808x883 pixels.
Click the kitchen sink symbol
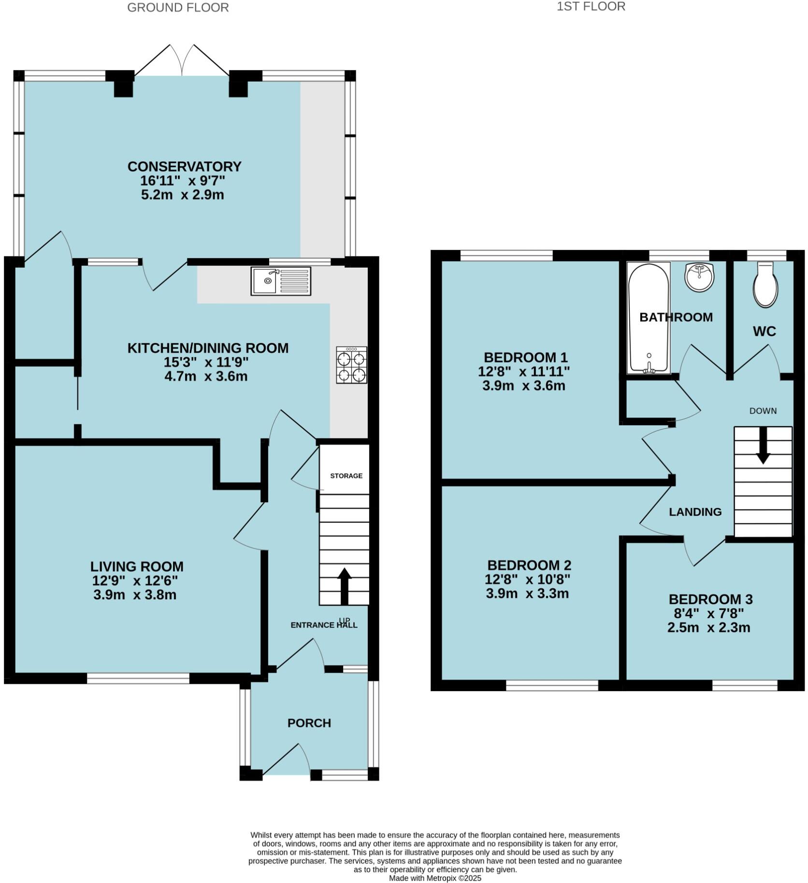pos(280,281)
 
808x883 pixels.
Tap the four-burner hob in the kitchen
pos(351,365)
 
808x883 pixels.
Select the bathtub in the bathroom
pos(648,318)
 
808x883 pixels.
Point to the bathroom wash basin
pos(699,277)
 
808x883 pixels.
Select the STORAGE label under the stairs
pos(346,476)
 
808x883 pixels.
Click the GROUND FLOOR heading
pos(178,8)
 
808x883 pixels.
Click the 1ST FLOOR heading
pos(591,6)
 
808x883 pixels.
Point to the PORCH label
pos(309,723)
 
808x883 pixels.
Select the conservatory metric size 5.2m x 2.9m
pos(183,195)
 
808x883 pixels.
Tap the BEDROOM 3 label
pos(710,599)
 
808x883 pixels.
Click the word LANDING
pos(695,512)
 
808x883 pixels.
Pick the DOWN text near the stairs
pos(763,411)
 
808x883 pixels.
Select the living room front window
pos(138,679)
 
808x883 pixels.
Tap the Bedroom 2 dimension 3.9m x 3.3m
pos(527,593)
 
